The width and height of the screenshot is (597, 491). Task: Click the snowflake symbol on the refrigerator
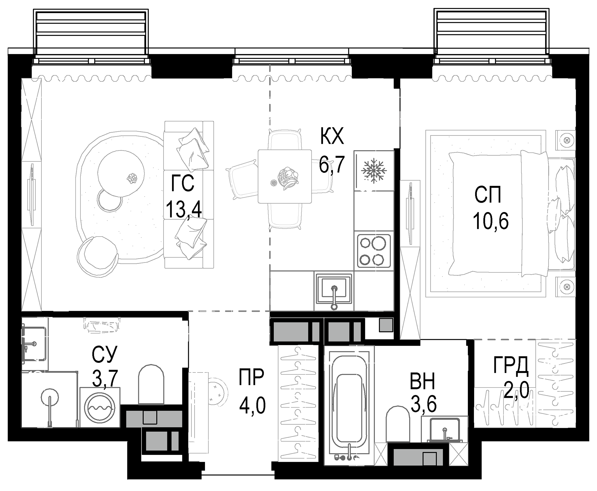[x=374, y=171]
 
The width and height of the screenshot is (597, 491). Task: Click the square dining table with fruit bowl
[x=285, y=177]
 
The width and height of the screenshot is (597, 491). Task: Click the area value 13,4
[x=184, y=209]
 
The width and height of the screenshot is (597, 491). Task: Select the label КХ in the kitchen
[x=332, y=136]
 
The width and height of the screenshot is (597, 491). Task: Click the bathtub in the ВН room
[x=349, y=404]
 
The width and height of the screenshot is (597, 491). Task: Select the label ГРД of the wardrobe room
[x=511, y=365]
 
